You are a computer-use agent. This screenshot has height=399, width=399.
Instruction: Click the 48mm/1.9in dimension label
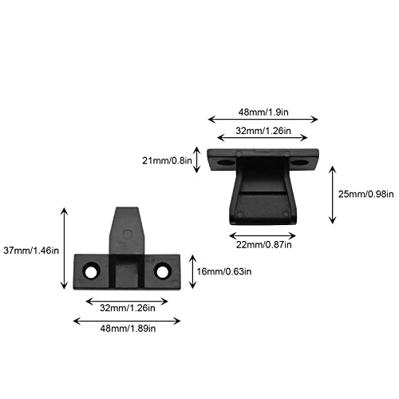[263, 113]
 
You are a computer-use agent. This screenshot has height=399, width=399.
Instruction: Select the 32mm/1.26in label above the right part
[263, 131]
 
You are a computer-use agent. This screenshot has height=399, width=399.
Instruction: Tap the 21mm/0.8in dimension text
[167, 160]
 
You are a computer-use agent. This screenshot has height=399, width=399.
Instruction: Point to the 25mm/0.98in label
[365, 194]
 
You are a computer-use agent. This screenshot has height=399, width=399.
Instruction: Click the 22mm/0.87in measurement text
[263, 245]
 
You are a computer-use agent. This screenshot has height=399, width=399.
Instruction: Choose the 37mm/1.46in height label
[31, 251]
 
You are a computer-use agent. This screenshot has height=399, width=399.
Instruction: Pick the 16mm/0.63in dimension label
[224, 271]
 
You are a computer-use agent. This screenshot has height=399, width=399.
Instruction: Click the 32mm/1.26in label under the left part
[128, 308]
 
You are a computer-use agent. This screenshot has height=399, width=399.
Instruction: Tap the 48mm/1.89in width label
[128, 329]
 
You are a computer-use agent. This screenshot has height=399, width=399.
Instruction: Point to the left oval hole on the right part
[225, 162]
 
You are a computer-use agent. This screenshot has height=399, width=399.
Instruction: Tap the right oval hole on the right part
[299, 162]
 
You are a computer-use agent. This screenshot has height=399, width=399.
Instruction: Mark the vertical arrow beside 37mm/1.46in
[64, 248]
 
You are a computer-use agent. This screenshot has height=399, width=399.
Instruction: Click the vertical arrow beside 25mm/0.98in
[333, 195]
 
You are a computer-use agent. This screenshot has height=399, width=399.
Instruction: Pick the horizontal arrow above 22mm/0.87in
[263, 235]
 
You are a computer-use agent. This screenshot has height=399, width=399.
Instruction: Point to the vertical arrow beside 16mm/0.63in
[192, 271]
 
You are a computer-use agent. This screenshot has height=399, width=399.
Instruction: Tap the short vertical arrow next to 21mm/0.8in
[196, 160]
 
